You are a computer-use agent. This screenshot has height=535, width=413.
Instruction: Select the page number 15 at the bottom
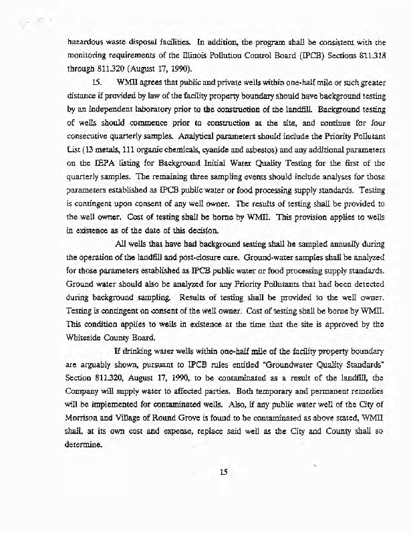(x=224, y=471)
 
